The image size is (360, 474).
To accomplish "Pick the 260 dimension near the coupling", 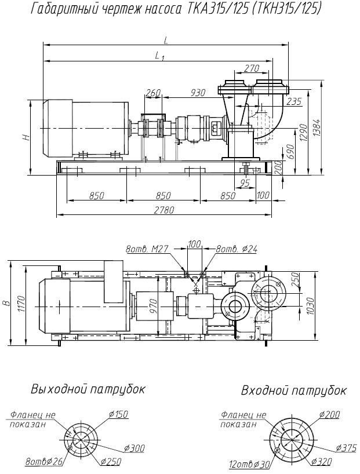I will point(153,93).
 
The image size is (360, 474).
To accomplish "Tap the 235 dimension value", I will point(294,103).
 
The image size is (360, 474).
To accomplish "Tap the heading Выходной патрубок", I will point(88,388).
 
